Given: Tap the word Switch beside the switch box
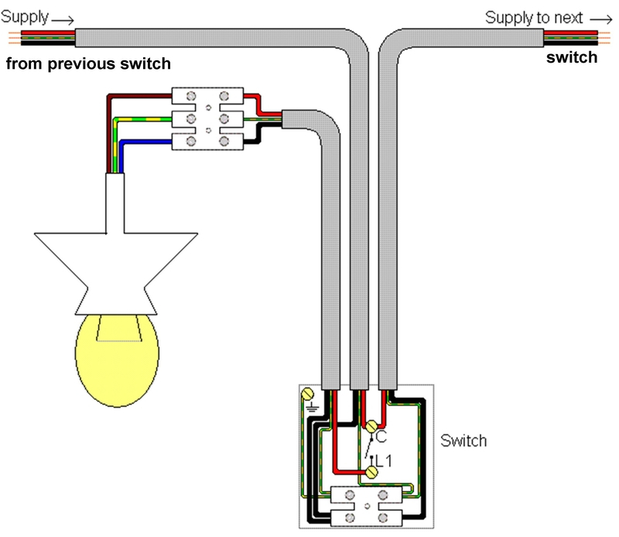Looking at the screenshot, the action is click(463, 440).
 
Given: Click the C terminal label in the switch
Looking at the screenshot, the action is click(381, 436).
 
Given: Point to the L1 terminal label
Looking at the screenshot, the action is click(383, 461).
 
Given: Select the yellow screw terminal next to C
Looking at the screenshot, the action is click(371, 426).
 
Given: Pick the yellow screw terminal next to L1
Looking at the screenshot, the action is click(371, 472).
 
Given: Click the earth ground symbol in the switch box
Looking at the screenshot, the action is click(313, 407).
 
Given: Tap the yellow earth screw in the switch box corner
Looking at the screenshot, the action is click(307, 394).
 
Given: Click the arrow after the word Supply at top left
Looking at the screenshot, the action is click(63, 20).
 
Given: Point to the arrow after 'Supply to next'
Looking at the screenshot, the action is click(601, 19).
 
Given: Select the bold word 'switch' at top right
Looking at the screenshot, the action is click(572, 58).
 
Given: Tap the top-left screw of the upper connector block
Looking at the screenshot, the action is click(191, 96).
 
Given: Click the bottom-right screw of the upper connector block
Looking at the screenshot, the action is click(224, 141).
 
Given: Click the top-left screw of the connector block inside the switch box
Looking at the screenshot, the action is click(350, 495).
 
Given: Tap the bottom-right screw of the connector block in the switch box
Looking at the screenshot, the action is click(382, 518).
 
